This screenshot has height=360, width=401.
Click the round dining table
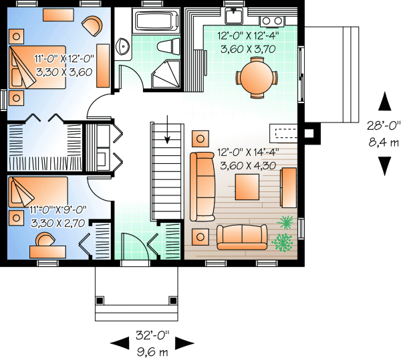point(257,76)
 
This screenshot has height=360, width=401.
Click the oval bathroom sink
point(123,47)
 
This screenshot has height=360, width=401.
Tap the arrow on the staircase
point(167,134)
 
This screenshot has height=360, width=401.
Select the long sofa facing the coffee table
point(201,187)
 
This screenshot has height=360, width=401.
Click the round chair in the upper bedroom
point(92,26)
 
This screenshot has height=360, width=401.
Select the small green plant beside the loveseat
point(286,222)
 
